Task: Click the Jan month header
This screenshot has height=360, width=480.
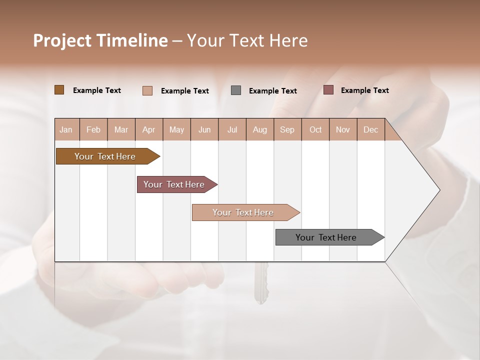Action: pos(66,129)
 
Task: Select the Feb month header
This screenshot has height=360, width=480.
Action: pos(93,129)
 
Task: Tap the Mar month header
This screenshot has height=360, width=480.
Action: pos(121,129)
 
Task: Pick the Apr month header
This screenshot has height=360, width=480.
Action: pos(149,129)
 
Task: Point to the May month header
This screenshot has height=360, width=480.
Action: pos(176,129)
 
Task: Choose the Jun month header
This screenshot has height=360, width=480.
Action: pos(204,129)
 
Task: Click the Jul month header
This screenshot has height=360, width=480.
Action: pos(232,129)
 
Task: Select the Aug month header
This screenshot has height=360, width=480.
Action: pos(260,129)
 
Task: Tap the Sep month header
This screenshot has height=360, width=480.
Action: pos(287,129)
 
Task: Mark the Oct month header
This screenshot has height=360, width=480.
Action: pos(315,129)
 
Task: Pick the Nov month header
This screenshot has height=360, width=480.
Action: pos(343,129)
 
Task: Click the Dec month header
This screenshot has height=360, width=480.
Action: pos(371,129)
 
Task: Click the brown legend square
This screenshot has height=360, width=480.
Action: pos(59,90)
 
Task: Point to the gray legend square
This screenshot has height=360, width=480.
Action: pos(236,90)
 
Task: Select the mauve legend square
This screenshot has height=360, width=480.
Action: pos(328,90)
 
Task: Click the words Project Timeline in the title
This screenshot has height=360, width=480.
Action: pos(100,40)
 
